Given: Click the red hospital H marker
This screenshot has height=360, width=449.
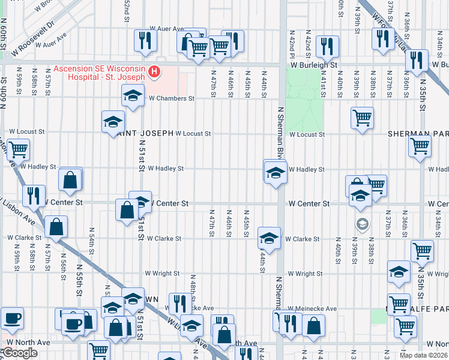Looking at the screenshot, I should [x=154, y=73].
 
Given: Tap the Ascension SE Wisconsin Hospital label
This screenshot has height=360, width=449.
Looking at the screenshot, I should [x=99, y=73].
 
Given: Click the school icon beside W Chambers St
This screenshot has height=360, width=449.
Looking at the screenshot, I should [x=133, y=95].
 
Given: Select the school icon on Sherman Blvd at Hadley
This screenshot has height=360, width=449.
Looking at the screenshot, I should [x=276, y=173].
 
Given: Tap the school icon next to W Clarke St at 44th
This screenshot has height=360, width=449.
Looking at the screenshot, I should [x=269, y=238].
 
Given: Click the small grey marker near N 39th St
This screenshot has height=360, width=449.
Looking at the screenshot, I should [x=362, y=225].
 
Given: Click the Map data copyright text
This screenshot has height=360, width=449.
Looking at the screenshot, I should [x=424, y=355].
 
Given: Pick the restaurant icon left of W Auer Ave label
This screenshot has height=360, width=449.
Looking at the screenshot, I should [x=145, y=40].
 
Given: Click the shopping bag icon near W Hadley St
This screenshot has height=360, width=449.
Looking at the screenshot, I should [x=70, y=179].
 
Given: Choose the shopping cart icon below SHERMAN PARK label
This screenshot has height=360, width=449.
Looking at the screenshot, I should [x=420, y=146].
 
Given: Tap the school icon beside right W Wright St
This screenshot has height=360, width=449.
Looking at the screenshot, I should [x=399, y=272].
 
